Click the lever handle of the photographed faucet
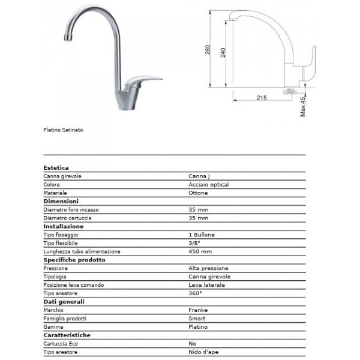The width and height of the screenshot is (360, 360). click(x=143, y=79)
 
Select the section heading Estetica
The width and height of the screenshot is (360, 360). click(x=56, y=168)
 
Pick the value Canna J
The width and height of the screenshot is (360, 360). click(x=199, y=176)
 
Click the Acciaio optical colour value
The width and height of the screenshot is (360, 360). click(x=208, y=185)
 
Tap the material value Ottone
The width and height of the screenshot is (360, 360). click(x=198, y=193)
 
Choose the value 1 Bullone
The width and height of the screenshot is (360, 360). click(x=201, y=235)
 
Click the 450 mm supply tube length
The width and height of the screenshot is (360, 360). click(x=200, y=251)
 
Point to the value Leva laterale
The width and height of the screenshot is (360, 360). click(x=206, y=285)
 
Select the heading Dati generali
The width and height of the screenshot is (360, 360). click(x=64, y=302)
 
